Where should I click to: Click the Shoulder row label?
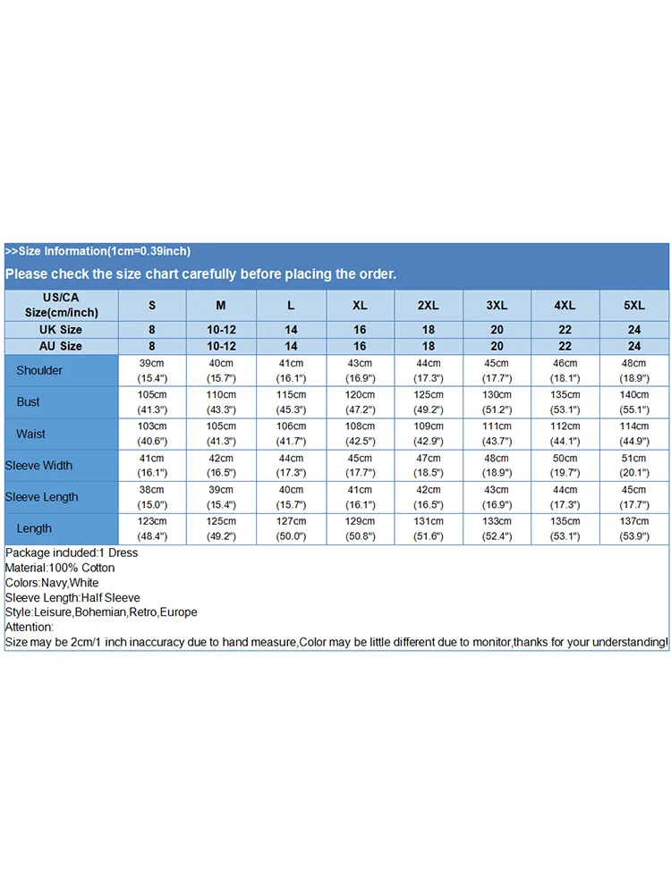coord(39,370)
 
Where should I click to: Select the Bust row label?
coord(29,402)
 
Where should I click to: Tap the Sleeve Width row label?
coord(38,466)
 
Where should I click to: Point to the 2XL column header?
coord(429,306)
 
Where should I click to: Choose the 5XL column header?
coord(634,306)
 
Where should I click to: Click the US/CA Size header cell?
coord(61,305)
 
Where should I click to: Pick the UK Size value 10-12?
coord(221,330)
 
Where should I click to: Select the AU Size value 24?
coord(634,346)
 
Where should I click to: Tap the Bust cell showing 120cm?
coord(360,402)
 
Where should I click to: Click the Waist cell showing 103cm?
coord(152,434)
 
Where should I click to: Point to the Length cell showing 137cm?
coord(634,528)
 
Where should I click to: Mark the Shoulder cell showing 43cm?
coord(360,370)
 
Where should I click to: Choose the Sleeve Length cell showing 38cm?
coord(152,497)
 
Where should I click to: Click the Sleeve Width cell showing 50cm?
coord(565,466)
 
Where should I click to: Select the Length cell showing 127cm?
coord(291,528)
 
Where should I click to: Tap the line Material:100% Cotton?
coord(60,568)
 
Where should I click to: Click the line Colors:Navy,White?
coord(52,583)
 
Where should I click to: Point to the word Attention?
coord(30,627)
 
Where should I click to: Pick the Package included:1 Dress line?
coord(72,553)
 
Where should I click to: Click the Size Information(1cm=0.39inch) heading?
coord(98,251)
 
